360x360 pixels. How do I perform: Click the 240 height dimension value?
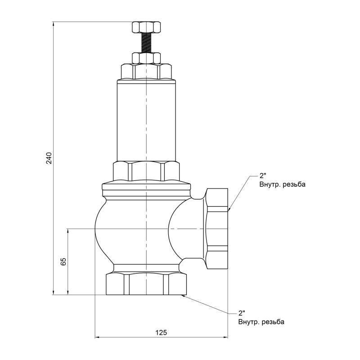point(49,158)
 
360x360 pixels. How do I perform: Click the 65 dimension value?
point(63,261)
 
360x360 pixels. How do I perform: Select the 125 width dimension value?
point(162,332)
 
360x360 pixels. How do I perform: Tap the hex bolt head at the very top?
point(146,27)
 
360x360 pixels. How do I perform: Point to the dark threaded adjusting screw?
point(146,43)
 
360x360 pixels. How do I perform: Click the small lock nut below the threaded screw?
point(146,58)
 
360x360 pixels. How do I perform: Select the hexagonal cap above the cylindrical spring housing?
point(146,72)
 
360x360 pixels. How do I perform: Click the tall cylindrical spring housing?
point(146,120)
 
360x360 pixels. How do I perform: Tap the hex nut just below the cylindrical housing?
point(146,171)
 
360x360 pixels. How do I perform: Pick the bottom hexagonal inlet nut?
point(146,283)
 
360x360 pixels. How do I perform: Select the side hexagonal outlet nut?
point(217,229)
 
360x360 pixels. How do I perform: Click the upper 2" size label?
point(263,176)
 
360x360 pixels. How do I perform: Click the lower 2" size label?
point(242,313)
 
